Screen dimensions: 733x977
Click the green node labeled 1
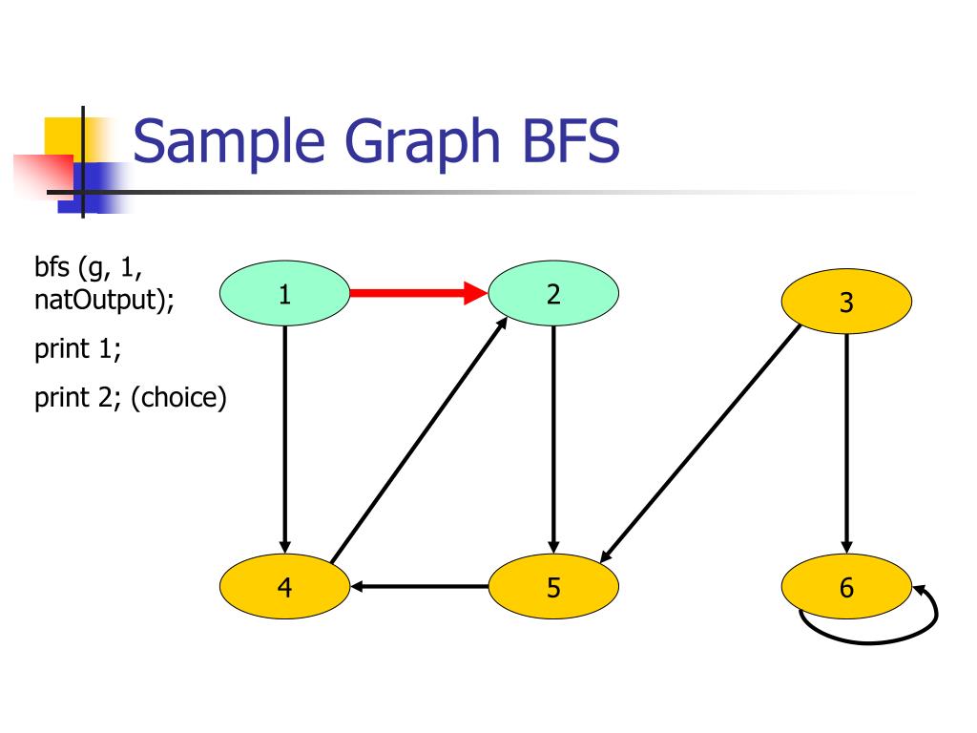284,294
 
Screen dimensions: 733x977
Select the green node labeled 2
553,294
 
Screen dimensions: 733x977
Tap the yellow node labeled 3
846,304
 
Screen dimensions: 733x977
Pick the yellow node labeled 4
284,586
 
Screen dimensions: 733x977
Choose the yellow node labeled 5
553,586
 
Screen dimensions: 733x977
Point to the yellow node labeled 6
846,586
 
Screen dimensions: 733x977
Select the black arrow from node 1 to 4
284,439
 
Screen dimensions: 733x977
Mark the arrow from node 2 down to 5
553,439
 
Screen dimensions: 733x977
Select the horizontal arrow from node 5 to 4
420,586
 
